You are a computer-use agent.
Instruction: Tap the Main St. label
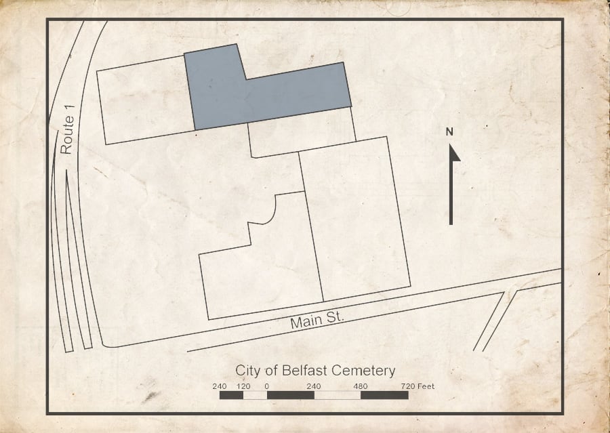tap(317, 319)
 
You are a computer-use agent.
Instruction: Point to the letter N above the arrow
tap(449, 131)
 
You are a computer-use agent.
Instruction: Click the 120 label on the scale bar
tap(243, 386)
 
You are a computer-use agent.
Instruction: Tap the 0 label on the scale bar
tap(267, 386)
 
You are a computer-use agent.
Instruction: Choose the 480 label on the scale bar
tap(361, 386)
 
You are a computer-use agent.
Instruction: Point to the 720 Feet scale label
tap(416, 386)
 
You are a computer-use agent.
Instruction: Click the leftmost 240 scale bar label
tap(219, 386)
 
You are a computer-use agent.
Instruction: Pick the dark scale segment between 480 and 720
tap(384, 394)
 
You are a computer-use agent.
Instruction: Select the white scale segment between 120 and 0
tap(255, 394)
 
